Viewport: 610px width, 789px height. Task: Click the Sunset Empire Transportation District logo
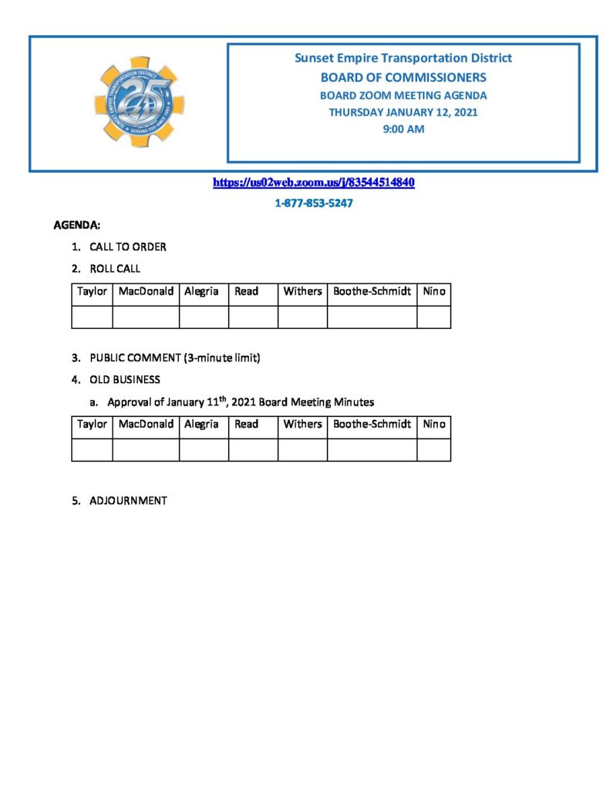[x=139, y=102]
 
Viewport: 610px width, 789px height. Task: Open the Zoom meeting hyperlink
[x=314, y=183]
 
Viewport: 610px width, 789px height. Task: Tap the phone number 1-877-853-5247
[x=314, y=203]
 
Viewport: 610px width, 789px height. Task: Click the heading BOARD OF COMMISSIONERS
[x=403, y=77]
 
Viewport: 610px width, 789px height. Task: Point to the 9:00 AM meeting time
[x=403, y=129]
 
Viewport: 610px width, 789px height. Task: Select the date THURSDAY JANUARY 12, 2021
[x=403, y=112]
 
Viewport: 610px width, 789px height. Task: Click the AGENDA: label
[x=76, y=226]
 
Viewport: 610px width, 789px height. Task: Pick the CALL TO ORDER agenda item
[x=128, y=247]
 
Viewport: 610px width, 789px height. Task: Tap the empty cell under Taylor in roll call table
[x=92, y=317]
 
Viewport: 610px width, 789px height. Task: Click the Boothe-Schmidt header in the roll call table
[x=372, y=292]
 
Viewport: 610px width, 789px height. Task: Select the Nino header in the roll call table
[x=433, y=292]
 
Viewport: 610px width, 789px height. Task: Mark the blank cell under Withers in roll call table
[x=302, y=317]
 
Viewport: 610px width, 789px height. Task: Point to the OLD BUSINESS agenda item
[x=125, y=380]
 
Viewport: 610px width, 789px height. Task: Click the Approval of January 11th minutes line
[x=241, y=401]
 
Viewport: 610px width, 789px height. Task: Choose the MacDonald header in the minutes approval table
[x=146, y=425]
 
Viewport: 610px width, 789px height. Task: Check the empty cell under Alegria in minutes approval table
[x=204, y=449]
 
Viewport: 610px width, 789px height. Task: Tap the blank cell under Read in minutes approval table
[x=253, y=449]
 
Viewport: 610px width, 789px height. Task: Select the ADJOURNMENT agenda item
[x=128, y=501]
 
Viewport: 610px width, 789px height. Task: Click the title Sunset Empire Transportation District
[x=403, y=58]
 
